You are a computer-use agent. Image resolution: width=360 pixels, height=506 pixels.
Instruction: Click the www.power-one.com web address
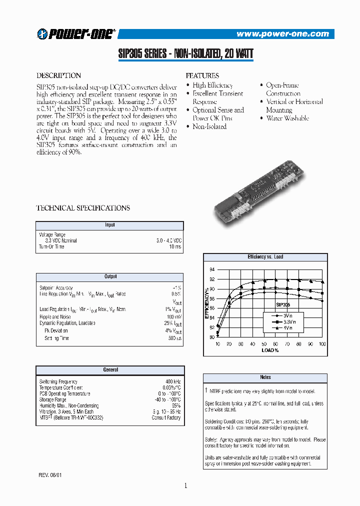[282, 34]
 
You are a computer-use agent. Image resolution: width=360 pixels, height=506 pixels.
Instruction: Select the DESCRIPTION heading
[58, 76]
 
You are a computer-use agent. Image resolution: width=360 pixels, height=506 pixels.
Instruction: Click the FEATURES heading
[202, 76]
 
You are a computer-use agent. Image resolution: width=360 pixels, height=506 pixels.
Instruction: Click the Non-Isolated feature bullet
[209, 127]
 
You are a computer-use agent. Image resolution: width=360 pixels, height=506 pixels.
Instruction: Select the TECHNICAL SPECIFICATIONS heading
[83, 208]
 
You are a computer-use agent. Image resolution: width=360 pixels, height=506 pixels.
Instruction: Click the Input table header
[110, 225]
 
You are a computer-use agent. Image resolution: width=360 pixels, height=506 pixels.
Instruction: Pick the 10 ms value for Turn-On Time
[175, 247]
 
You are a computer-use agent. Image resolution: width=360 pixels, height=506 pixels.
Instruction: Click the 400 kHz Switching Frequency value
[173, 381]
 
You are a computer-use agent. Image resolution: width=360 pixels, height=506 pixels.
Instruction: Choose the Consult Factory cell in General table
[166, 417]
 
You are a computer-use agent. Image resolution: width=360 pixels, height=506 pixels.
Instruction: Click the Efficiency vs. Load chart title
[265, 257]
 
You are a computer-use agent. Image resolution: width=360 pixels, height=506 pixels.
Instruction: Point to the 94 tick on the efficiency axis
[211, 269]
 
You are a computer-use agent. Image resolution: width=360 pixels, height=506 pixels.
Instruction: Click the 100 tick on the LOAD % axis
[322, 344]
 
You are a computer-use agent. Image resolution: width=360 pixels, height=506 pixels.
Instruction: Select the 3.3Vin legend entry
[288, 322]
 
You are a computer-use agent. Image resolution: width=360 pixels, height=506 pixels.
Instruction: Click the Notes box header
[265, 377]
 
